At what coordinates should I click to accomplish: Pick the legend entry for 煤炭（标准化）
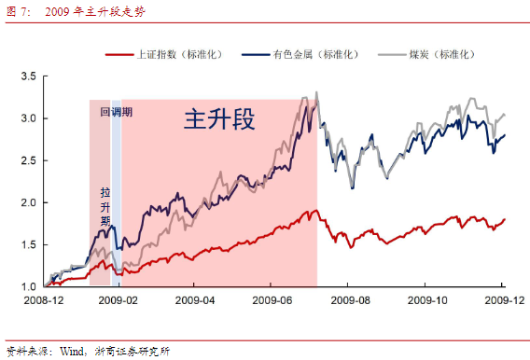439,55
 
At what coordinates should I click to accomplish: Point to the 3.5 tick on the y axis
29,76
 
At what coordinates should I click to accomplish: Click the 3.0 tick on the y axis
29,118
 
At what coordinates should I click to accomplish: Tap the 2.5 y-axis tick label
29,160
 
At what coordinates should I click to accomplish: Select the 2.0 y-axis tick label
29,202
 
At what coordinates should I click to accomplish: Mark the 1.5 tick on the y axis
29,244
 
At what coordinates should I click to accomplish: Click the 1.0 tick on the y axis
29,286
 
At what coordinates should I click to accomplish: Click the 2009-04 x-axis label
193,302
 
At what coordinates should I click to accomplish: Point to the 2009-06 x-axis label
271,302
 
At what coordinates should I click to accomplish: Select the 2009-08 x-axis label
348,302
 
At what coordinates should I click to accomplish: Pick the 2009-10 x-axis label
425,302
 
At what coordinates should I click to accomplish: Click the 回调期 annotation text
117,111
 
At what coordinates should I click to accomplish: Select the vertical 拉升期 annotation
105,207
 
